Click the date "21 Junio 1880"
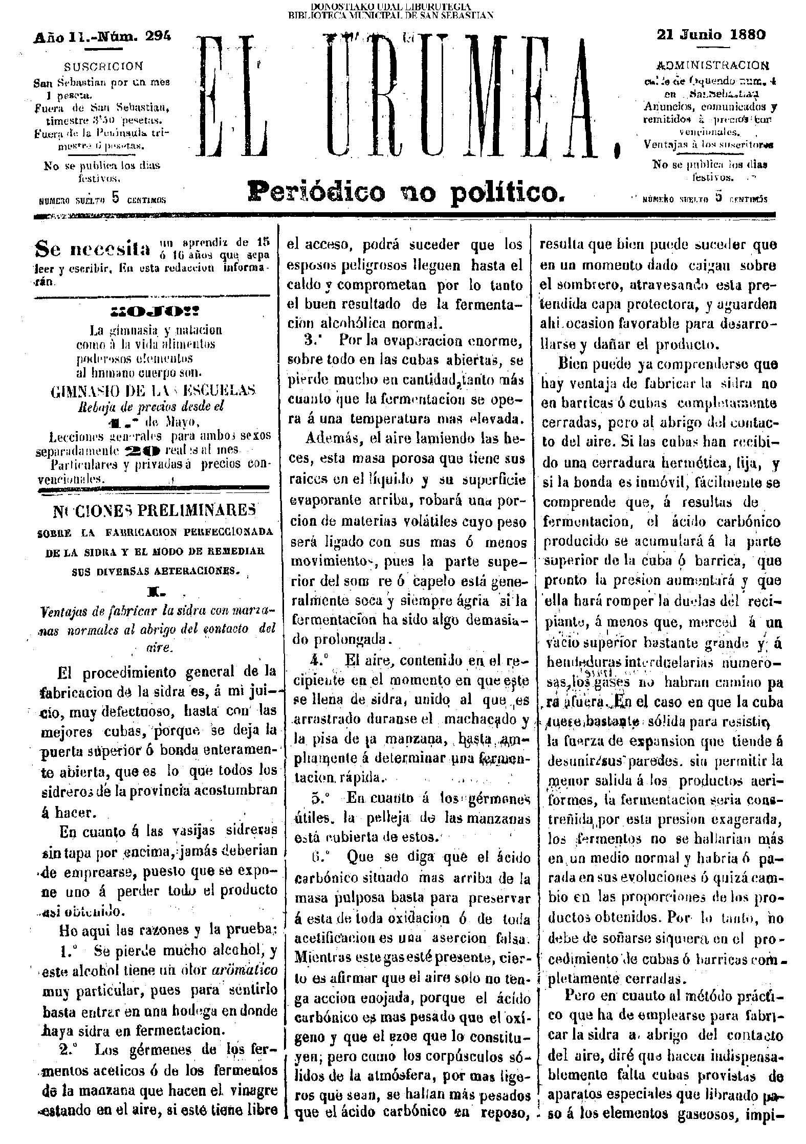(x=711, y=35)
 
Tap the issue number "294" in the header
(x=158, y=36)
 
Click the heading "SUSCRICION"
(x=104, y=66)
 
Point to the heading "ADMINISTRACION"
(x=712, y=66)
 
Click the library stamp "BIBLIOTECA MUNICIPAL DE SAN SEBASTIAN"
(x=391, y=14)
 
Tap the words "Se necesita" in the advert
(x=93, y=249)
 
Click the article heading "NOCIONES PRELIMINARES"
(x=154, y=510)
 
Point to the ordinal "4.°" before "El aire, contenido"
(x=320, y=660)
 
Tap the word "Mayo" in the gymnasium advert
(x=180, y=422)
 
